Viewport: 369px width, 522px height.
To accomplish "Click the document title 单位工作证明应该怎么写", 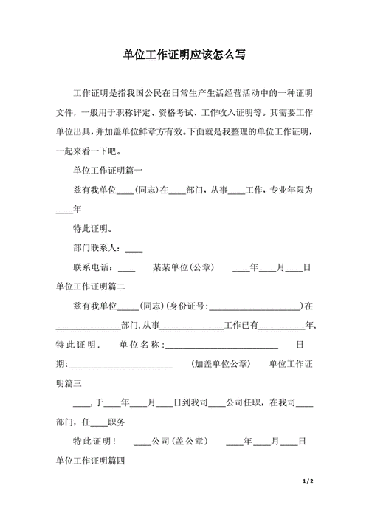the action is click(184, 56).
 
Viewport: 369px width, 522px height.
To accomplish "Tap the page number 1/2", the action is click(309, 481).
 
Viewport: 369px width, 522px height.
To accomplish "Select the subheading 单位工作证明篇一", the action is click(103, 171).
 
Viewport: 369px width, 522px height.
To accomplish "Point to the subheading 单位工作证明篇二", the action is click(91, 286).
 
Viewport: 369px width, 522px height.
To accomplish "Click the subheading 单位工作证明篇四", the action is click(91, 461).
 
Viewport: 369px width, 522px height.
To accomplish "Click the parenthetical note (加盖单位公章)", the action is click(220, 364).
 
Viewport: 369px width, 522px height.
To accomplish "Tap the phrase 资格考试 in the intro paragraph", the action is click(179, 113).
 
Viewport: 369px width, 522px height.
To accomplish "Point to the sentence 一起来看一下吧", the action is click(87, 151).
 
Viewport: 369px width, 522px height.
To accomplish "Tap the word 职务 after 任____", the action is click(116, 422).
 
